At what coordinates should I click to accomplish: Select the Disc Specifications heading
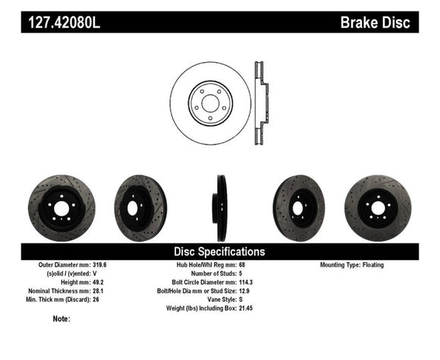click(x=220, y=251)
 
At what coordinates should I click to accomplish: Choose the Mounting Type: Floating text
click(x=352, y=265)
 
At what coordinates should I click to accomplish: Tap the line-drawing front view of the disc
click(x=210, y=102)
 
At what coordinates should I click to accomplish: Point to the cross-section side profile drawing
click(x=259, y=102)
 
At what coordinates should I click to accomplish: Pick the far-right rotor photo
click(x=377, y=208)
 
